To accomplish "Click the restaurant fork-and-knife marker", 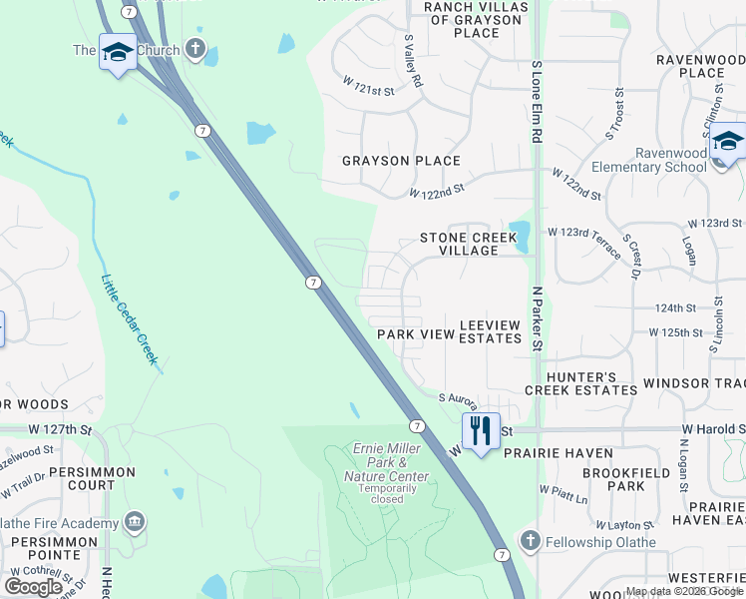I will (481, 430).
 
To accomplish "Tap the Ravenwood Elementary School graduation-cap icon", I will (729, 143).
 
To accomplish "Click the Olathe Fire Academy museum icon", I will (134, 522).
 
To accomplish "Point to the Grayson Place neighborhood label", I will (401, 161).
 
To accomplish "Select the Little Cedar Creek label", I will (131, 319).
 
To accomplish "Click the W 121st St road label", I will (369, 89).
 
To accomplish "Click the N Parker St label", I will (536, 319).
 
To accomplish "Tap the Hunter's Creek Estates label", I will (580, 383).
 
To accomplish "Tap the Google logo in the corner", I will (34, 586).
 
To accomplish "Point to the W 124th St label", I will (675, 307).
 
